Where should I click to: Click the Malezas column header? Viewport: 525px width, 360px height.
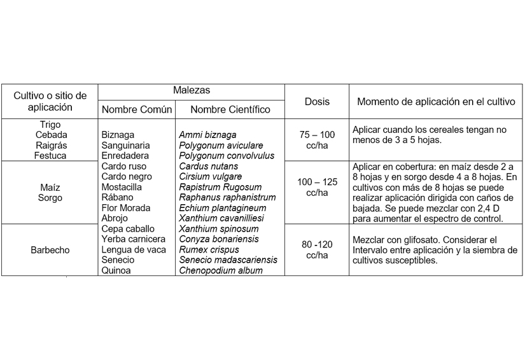192,91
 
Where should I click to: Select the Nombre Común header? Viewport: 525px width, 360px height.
136,109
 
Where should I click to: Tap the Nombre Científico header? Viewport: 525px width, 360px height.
230,109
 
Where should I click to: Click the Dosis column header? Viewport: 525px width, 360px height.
317,101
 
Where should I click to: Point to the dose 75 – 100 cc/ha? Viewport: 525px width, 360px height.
317,140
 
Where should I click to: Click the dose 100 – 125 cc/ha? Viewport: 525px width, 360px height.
317,187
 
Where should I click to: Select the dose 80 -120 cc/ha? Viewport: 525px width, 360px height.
317,250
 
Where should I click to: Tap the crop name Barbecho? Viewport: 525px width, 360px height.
49,250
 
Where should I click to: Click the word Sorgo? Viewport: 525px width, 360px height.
50,198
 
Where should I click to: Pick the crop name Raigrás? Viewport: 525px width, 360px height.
50,145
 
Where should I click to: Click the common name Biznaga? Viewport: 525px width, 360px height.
118,135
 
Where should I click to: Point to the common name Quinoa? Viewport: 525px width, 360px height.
116,270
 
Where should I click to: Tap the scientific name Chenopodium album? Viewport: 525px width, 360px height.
221,270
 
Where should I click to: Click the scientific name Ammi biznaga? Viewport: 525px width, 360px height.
207,135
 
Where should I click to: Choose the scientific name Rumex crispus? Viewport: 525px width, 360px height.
209,250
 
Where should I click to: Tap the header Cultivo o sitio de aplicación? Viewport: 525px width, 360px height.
50,101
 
